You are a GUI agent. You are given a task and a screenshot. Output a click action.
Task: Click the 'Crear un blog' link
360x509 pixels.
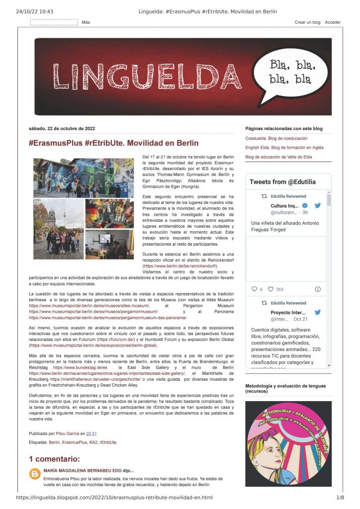tap(307, 22)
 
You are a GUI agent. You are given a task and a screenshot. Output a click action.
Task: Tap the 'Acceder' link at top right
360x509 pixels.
tap(333, 22)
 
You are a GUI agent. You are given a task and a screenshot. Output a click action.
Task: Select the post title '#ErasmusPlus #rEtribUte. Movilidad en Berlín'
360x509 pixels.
tap(113, 143)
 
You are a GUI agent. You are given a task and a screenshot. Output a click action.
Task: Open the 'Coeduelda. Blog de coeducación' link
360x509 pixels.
tap(276, 138)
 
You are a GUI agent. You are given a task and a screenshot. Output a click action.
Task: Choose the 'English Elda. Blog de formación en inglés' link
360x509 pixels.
tap(284, 148)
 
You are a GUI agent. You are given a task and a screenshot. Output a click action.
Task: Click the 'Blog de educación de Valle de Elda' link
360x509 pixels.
tap(278, 157)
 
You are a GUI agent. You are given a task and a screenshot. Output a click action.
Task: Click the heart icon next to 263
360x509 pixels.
tap(270, 289)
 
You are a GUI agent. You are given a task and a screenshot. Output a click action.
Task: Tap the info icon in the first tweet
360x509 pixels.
tap(318, 289)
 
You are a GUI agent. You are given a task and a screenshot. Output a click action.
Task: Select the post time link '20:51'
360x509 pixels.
tap(91, 433)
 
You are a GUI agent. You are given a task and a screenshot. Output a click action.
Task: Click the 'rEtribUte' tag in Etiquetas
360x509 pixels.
tap(108, 442)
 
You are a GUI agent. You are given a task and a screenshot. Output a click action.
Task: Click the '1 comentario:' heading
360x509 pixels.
tap(54, 459)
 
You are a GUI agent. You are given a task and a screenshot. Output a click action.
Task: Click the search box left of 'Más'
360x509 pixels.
tap(54, 22)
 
